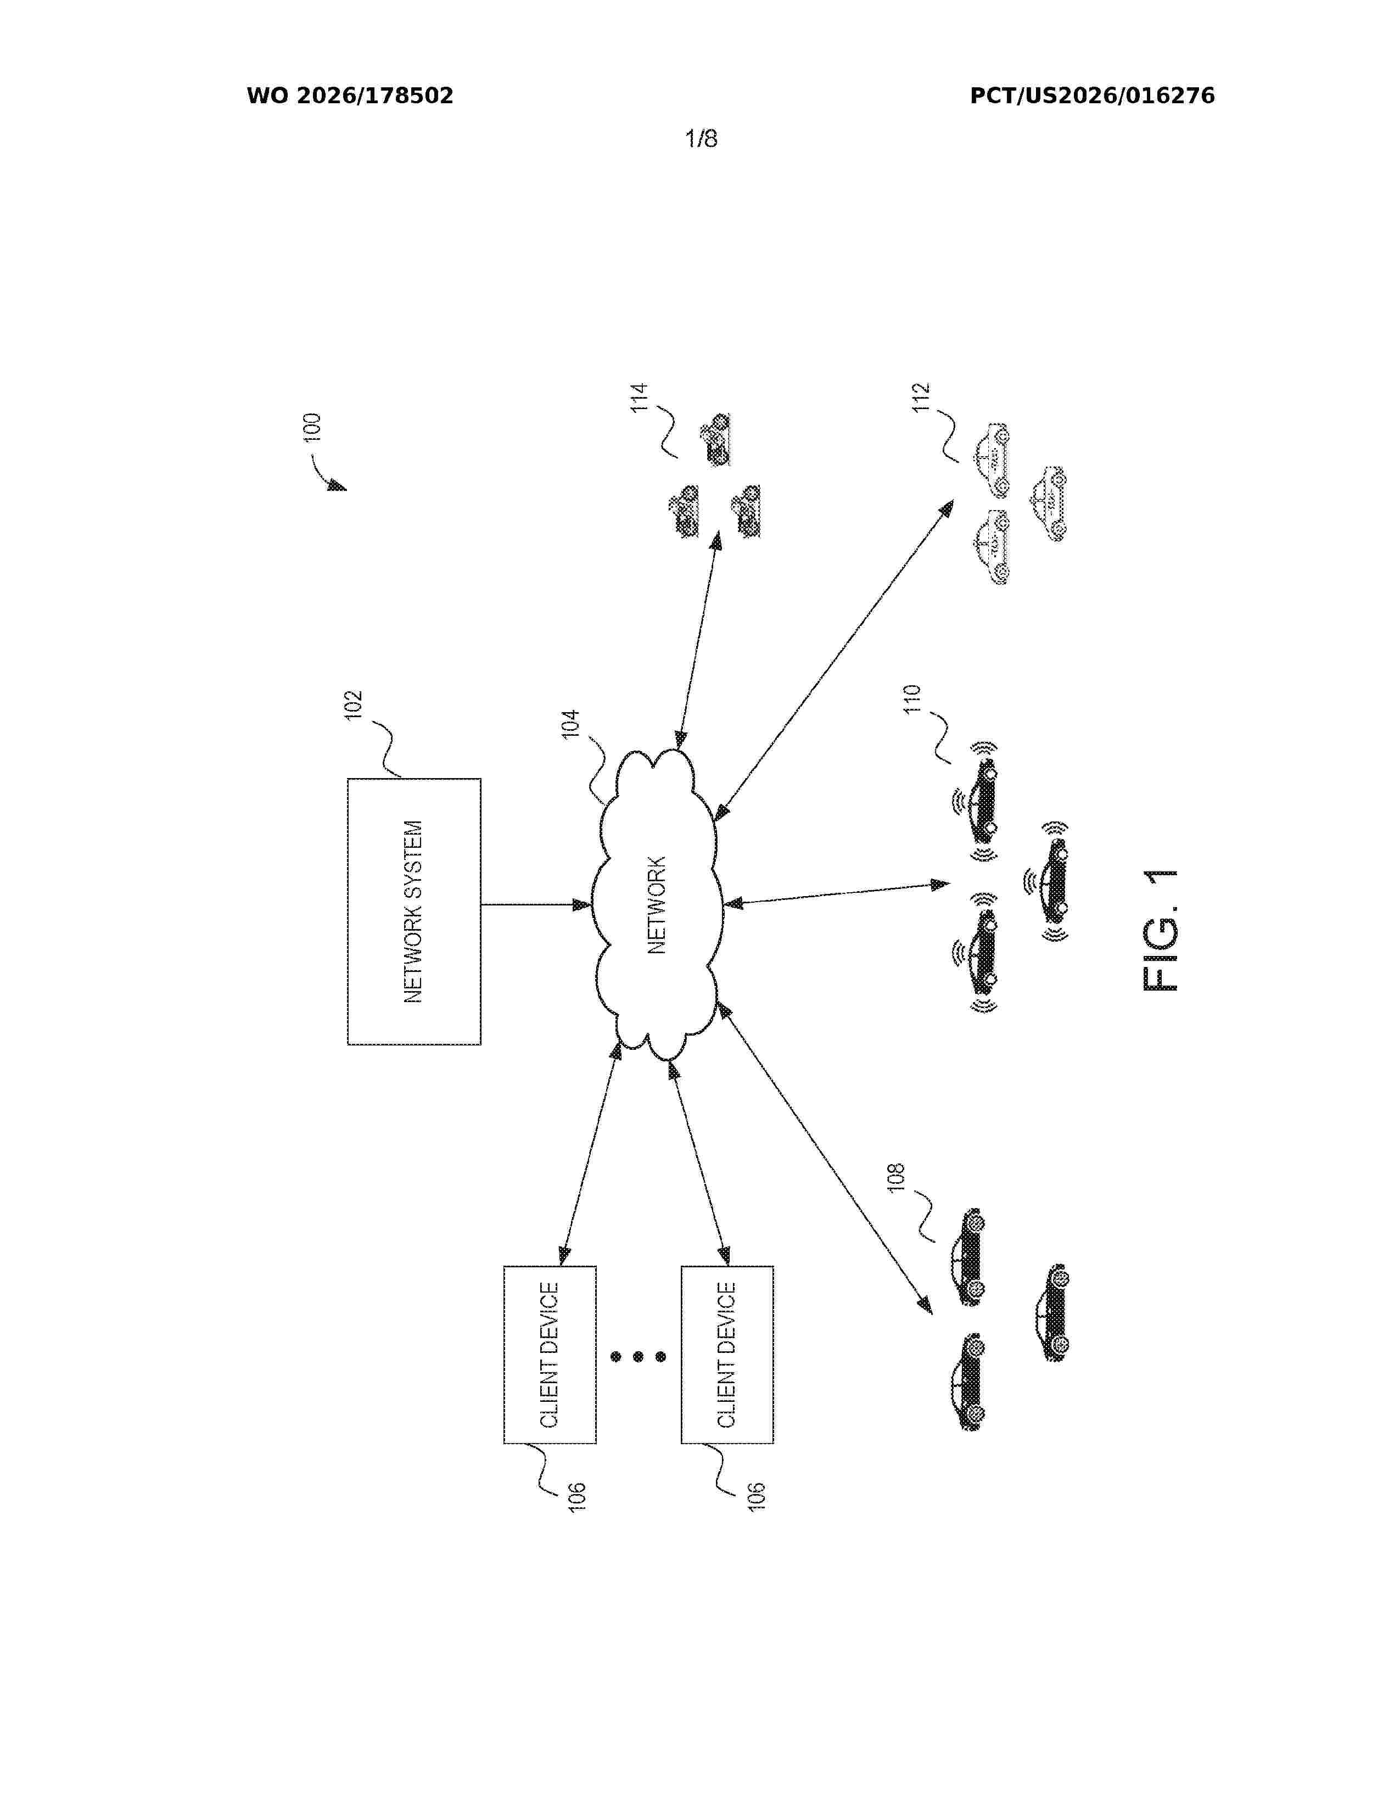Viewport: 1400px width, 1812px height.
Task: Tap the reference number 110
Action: (912, 700)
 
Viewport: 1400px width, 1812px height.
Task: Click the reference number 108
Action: (897, 1179)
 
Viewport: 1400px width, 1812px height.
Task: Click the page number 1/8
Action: (701, 138)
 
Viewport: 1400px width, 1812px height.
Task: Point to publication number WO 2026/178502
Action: (350, 96)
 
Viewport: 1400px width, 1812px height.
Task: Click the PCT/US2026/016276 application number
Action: (1093, 96)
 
